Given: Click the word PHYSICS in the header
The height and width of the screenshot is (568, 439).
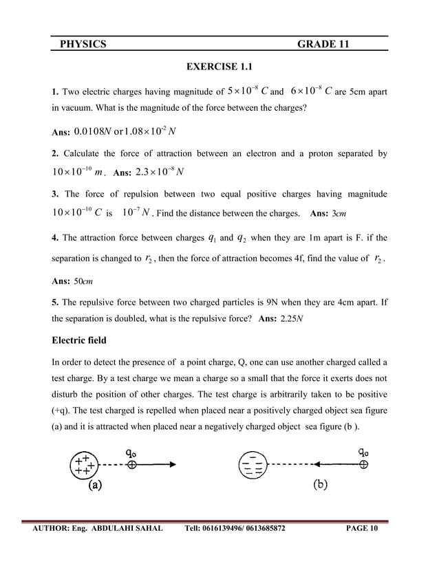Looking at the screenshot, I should [x=83, y=45].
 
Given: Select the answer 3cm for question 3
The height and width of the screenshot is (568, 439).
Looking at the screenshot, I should [x=339, y=214].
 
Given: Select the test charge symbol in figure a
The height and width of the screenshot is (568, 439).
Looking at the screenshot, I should [x=131, y=465].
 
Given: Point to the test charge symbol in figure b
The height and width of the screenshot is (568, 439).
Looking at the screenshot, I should [x=363, y=464].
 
